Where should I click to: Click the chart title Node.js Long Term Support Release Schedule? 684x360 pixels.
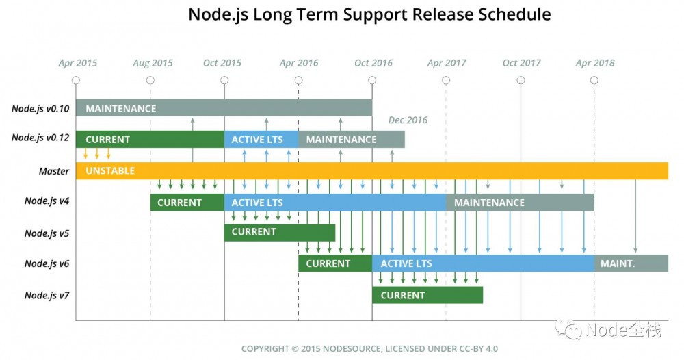(x=369, y=14)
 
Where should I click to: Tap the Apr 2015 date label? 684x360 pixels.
(x=77, y=63)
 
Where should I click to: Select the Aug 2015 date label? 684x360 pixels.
(x=153, y=63)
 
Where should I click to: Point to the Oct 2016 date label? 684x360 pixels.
(x=373, y=63)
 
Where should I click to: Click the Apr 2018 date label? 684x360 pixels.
(x=595, y=63)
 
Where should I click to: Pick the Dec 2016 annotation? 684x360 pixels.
(x=408, y=120)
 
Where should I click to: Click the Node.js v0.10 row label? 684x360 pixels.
(x=40, y=108)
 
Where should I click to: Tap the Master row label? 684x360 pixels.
(x=53, y=171)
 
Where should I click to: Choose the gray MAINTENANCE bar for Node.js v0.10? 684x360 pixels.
(x=224, y=108)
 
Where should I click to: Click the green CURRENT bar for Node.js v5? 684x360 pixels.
(x=279, y=232)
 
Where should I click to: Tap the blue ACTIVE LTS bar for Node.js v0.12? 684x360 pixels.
(x=261, y=139)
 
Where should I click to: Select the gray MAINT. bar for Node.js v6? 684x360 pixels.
(x=631, y=263)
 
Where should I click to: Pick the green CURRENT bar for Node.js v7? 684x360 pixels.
(x=428, y=295)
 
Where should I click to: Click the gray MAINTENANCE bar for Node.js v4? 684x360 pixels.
(x=520, y=203)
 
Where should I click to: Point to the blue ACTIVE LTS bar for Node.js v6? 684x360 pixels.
(x=483, y=263)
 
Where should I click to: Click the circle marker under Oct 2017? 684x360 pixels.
(x=521, y=80)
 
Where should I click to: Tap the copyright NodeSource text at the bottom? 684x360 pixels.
(x=369, y=348)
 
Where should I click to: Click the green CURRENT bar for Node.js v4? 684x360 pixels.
(x=187, y=203)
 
